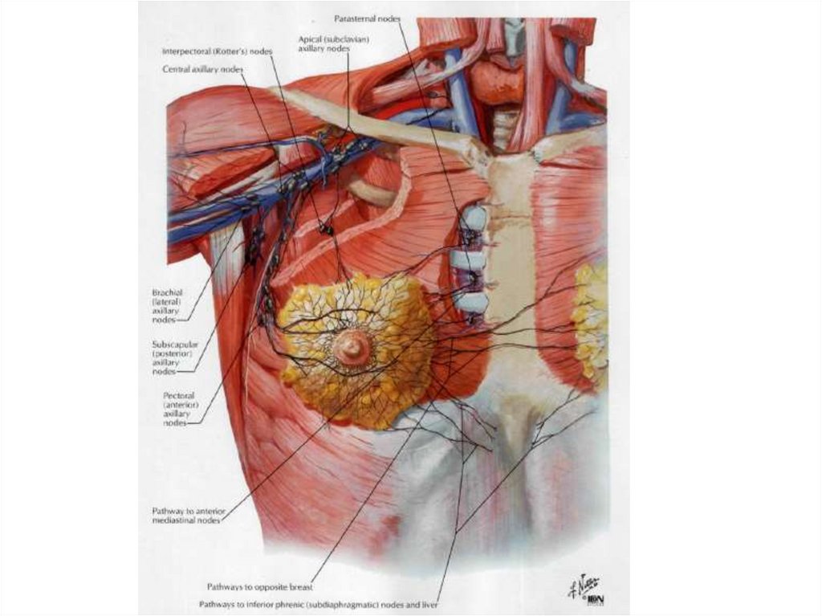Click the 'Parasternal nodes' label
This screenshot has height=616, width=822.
point(366,18)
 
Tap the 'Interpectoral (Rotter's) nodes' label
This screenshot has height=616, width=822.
point(216,51)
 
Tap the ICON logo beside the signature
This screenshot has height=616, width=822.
point(595,599)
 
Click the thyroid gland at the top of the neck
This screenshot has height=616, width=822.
point(496,81)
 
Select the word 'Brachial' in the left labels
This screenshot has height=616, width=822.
point(167,293)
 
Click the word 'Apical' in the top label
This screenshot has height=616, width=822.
point(310,38)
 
